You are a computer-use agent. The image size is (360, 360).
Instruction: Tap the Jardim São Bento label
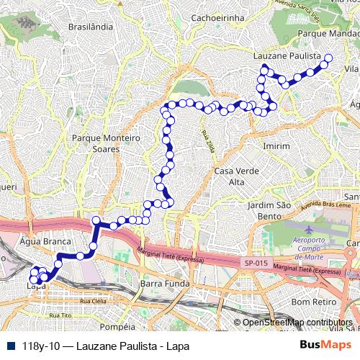click(269, 210)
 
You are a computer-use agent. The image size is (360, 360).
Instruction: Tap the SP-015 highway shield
click(255, 264)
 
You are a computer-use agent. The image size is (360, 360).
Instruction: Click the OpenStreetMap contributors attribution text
click(297, 323)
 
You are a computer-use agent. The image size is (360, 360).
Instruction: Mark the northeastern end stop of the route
click(329, 58)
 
